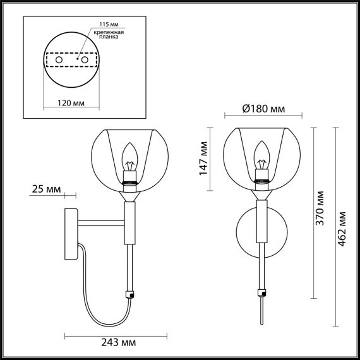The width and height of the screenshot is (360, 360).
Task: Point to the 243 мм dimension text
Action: coord(119,342)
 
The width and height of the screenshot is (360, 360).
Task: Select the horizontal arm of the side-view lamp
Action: coord(101,222)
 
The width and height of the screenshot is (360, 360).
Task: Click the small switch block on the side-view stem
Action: coord(131,294)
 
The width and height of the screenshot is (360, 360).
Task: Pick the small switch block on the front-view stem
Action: coord(261,292)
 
